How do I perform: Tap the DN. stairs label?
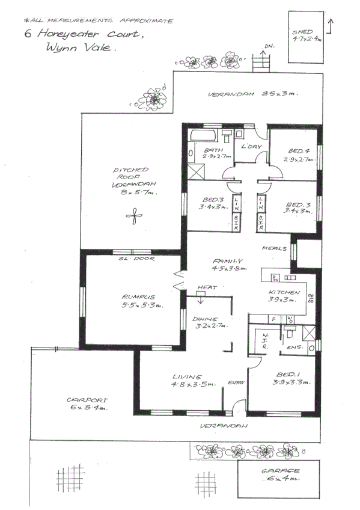point(269,46)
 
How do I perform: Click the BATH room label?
point(212,150)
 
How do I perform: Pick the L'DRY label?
point(249,147)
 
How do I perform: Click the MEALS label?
point(273,248)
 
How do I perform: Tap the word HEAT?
point(206,287)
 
